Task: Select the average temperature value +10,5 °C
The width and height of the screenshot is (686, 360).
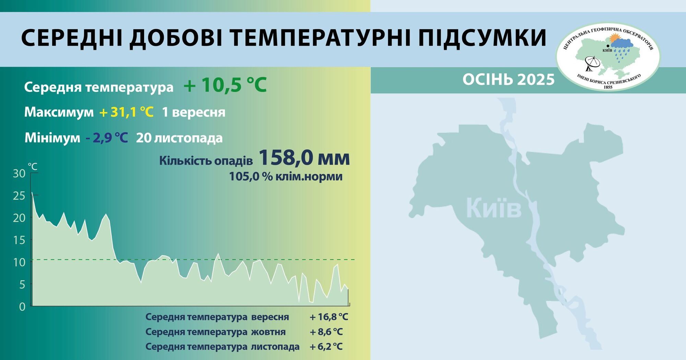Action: point(225,85)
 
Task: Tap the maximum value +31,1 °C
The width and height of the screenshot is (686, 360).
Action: point(126,112)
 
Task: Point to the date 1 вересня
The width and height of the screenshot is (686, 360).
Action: point(193,112)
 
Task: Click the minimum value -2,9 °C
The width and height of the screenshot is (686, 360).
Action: point(107,138)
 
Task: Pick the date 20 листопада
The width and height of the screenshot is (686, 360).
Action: point(179,138)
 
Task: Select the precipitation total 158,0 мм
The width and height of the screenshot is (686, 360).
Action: point(304,158)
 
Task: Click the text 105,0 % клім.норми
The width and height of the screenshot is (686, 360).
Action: point(286,176)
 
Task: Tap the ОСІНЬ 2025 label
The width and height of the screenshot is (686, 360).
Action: point(508,80)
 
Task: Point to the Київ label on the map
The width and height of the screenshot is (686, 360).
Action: point(494,208)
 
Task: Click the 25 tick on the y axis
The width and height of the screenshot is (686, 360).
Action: point(19,196)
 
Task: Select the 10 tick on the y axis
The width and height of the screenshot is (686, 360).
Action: point(19,262)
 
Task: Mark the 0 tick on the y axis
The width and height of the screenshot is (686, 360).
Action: point(22,307)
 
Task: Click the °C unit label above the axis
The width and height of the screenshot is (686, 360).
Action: point(33,167)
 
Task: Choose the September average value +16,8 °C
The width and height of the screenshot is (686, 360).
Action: point(329,317)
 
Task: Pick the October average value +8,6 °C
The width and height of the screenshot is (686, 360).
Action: point(326,332)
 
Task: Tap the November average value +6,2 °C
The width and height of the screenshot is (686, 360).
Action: point(326,347)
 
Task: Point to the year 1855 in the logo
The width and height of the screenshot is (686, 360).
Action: point(608,87)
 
